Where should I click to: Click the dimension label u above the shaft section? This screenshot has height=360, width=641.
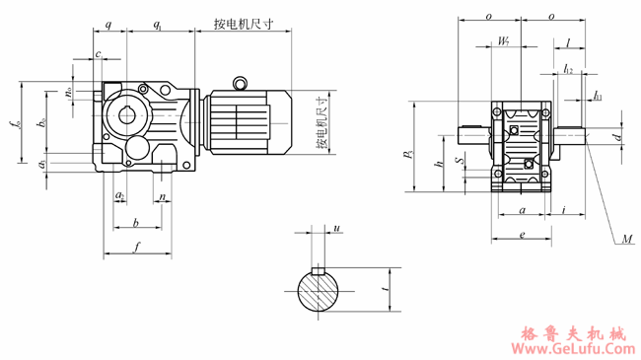tap(336, 228)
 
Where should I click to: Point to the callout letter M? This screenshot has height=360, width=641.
tap(628, 239)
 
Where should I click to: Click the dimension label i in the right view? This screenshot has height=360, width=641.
tap(562, 209)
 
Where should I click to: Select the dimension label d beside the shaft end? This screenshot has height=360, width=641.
tap(617, 137)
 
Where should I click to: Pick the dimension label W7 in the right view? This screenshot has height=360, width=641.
tap(504, 41)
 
